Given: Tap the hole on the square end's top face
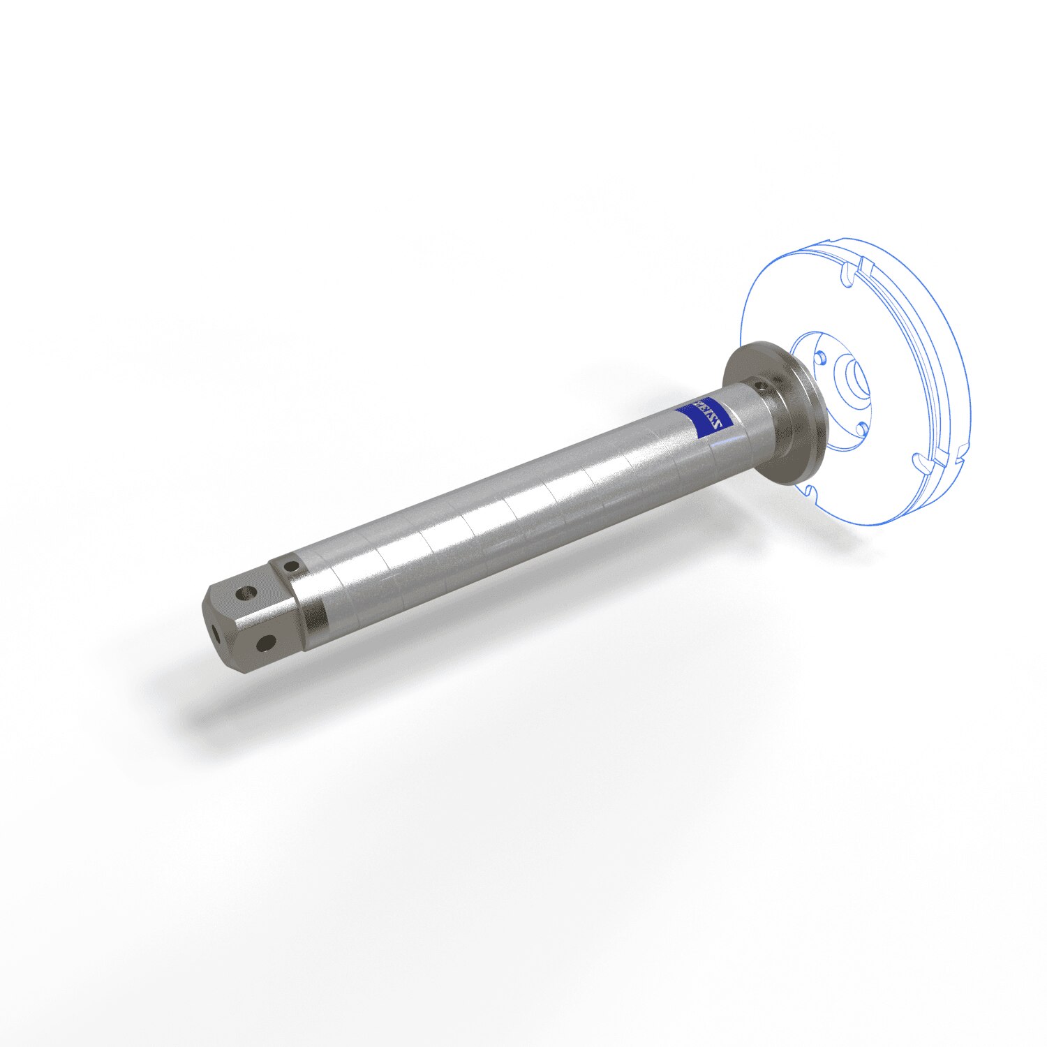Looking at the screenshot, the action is coord(244,593).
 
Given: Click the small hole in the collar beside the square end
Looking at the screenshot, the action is coord(292,568).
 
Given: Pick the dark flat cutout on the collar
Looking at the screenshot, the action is coord(315,614).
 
